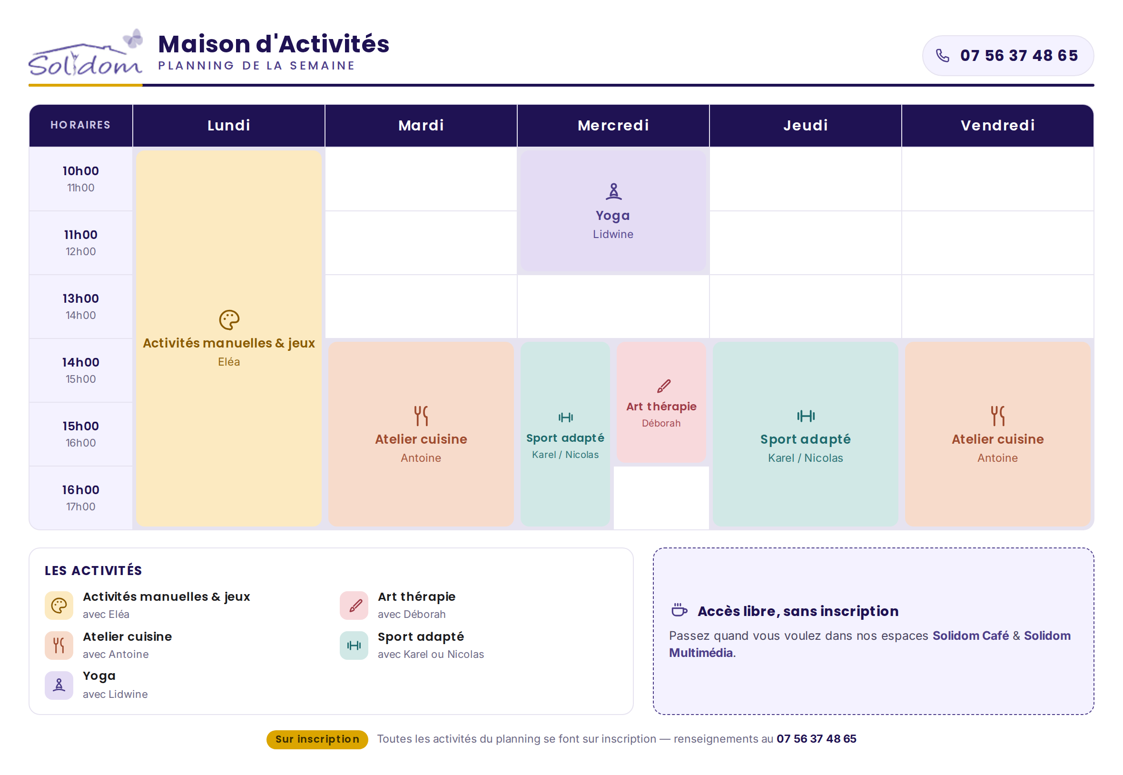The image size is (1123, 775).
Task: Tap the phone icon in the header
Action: [942, 56]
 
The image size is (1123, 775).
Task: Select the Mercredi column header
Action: [613, 125]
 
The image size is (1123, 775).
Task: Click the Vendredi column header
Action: [997, 125]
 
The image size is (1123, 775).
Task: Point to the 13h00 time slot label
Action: [80, 298]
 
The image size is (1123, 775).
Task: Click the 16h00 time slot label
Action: [80, 489]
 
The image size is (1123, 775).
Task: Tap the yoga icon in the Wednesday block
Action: [613, 191]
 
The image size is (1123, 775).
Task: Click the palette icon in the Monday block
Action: [229, 320]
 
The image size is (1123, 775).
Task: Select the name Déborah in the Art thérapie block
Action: [661, 423]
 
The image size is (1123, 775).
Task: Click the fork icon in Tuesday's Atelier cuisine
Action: [421, 416]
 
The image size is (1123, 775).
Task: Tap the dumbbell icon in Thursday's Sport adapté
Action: [806, 416]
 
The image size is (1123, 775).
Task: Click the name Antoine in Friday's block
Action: [997, 458]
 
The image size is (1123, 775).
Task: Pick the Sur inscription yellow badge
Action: [317, 739]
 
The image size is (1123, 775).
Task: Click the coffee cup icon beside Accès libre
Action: [679, 610]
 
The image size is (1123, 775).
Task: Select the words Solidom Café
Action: [971, 636]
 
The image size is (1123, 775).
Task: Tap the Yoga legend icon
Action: [59, 685]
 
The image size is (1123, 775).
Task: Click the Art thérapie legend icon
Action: [354, 605]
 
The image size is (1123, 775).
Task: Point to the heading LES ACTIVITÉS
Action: [93, 571]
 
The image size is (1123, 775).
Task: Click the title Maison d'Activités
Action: [274, 44]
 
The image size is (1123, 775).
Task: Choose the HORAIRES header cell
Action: [80, 125]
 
